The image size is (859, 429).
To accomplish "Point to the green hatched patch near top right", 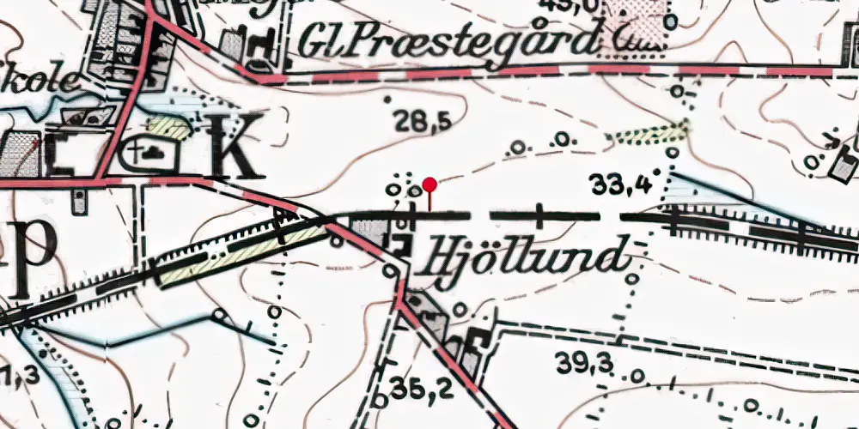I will click(x=649, y=134).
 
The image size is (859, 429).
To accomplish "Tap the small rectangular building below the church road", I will click(x=79, y=202).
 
